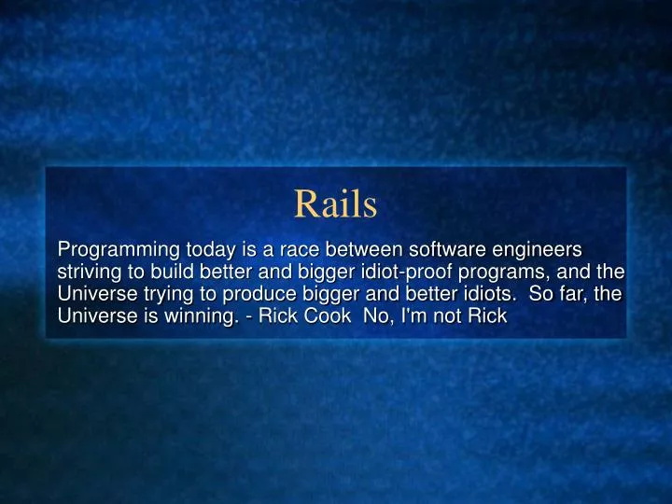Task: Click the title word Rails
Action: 335,204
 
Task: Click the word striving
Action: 88,273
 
